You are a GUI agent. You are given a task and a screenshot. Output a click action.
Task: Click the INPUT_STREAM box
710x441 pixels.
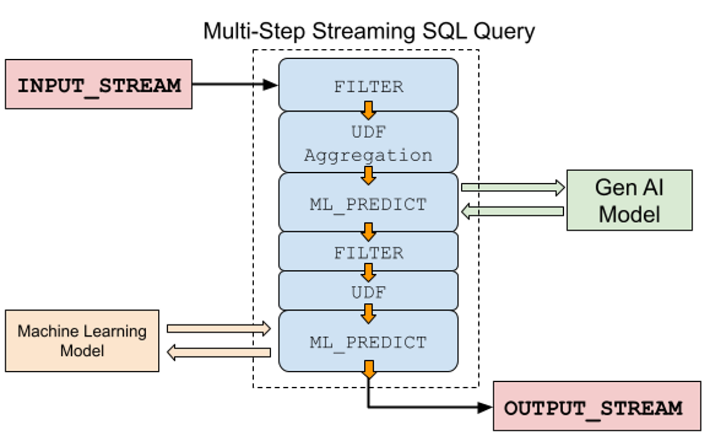coord(99,84)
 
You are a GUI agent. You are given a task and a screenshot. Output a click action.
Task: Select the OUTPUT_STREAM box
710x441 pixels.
coord(597,406)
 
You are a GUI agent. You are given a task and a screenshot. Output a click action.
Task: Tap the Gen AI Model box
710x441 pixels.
coord(629,200)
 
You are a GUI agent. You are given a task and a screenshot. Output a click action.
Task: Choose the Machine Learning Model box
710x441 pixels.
coord(82,341)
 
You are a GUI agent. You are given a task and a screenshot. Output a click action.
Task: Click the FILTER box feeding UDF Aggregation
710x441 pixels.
coord(368,86)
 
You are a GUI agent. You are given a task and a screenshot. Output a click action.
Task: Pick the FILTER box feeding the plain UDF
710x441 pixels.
coord(368,252)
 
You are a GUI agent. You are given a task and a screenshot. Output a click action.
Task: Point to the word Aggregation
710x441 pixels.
coord(368,155)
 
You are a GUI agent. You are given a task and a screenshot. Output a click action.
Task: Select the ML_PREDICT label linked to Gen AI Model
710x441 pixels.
coord(368,204)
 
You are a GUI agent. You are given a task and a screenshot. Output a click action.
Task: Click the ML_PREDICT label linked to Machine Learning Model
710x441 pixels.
coord(368,342)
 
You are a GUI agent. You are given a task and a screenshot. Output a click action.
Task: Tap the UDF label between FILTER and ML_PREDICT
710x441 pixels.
coord(368,292)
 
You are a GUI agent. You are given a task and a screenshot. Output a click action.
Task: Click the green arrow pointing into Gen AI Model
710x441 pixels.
coord(512,188)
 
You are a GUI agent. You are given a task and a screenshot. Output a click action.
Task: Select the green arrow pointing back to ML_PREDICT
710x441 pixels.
coord(512,211)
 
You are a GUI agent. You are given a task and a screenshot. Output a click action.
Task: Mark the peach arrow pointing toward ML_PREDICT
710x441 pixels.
coord(219,329)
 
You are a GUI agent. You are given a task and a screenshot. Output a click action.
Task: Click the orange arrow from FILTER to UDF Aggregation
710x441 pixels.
coord(368,110)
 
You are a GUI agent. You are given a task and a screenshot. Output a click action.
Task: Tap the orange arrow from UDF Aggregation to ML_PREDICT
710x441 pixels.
coord(368,176)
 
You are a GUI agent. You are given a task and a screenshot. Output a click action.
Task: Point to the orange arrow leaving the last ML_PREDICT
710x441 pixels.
coord(369,369)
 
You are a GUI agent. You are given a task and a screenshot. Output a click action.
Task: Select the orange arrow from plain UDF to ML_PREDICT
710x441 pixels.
coord(368,313)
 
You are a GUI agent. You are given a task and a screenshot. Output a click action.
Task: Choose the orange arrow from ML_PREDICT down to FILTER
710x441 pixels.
coord(368,231)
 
